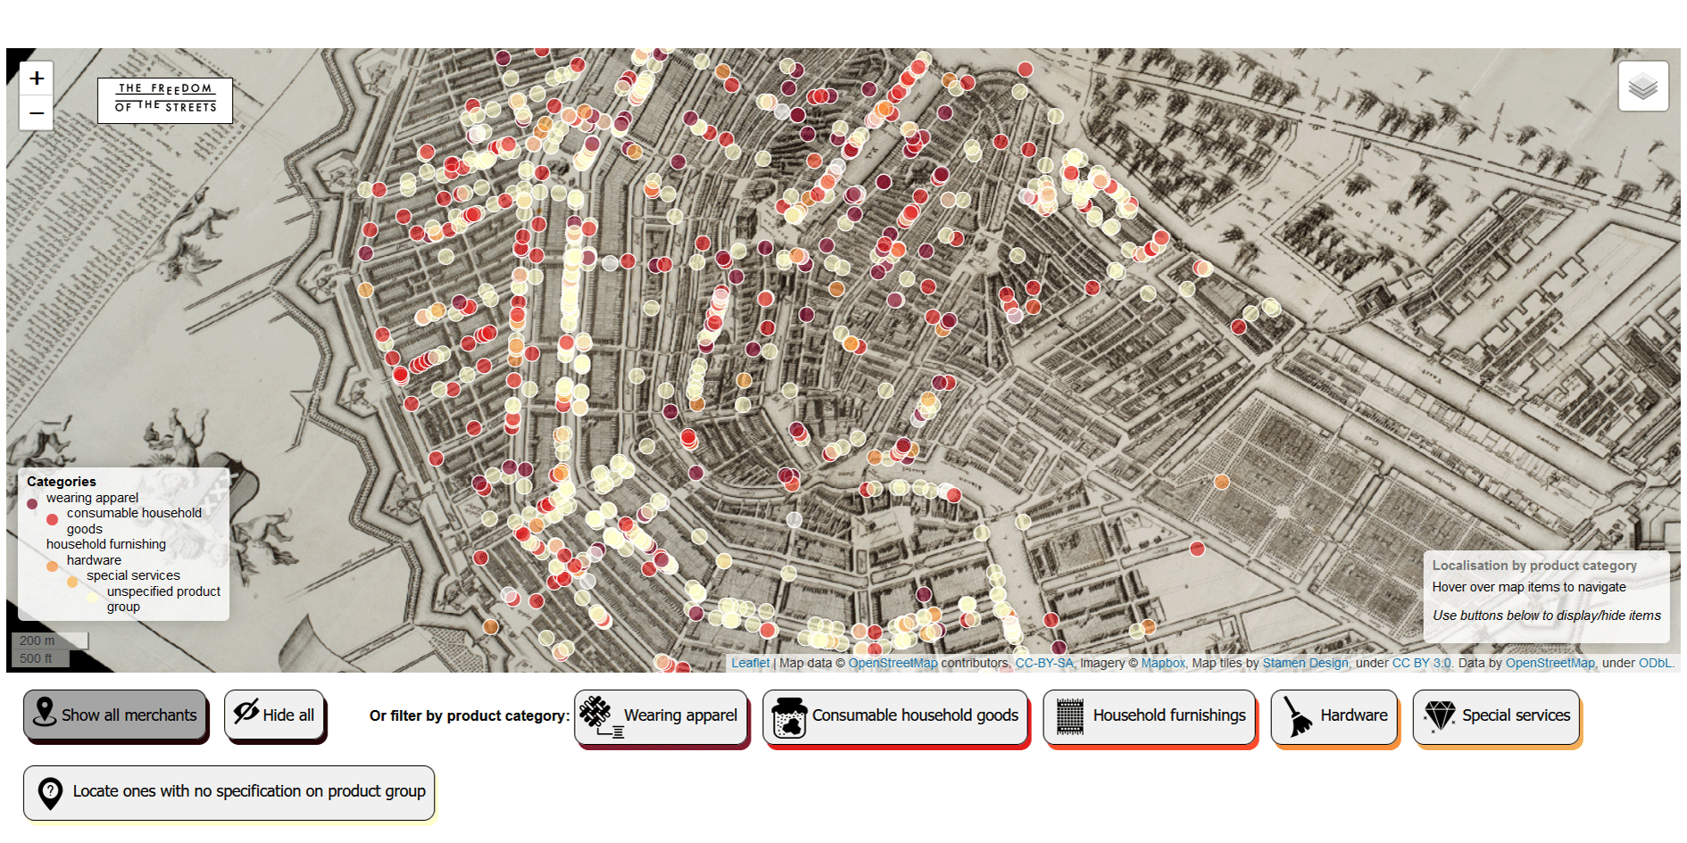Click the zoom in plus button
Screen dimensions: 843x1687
click(37, 79)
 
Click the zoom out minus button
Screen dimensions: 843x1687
click(37, 113)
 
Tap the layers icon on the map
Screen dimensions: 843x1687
click(1642, 87)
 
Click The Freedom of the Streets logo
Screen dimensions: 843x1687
click(165, 99)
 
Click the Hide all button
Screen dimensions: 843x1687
click(274, 715)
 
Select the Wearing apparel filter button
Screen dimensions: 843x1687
click(661, 716)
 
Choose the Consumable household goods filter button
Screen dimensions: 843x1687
click(895, 716)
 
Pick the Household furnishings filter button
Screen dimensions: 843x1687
click(1150, 716)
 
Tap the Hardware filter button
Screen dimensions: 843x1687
click(1334, 716)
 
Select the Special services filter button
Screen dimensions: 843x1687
click(1496, 716)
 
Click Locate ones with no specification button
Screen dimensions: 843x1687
click(229, 791)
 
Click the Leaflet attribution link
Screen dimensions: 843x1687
click(750, 663)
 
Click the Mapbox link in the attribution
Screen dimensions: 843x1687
click(1162, 663)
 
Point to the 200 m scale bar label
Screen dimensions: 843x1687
click(37, 641)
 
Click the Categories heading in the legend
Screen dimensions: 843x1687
click(62, 482)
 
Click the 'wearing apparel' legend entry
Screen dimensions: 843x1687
click(92, 498)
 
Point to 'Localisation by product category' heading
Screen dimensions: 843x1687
click(1534, 566)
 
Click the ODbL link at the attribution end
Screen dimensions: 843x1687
click(1654, 663)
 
